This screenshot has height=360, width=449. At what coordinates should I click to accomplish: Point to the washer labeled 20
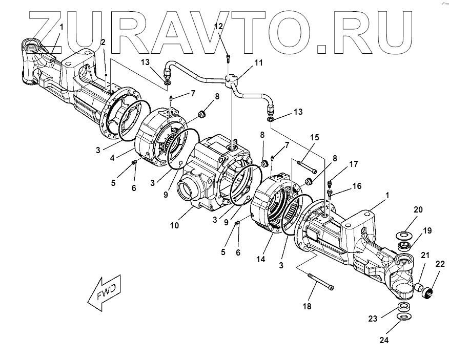click(x=405, y=235)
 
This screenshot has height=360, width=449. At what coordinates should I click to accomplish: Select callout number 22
click(x=440, y=264)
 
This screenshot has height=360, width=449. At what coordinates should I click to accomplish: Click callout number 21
click(x=425, y=255)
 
